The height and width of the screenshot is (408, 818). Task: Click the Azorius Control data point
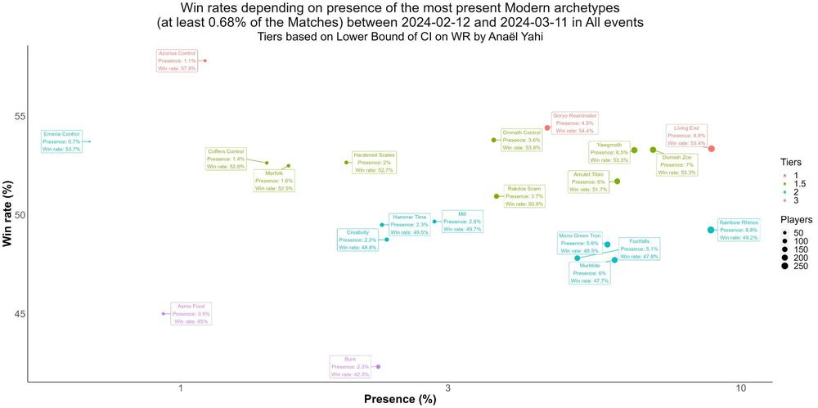click(x=205, y=61)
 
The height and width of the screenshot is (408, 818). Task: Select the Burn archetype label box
click(x=350, y=366)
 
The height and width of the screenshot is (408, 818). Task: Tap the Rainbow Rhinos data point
click(x=711, y=230)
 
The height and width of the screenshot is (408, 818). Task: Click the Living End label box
click(x=686, y=135)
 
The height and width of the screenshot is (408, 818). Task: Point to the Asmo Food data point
click(x=164, y=313)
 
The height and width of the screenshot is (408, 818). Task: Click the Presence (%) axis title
click(x=400, y=400)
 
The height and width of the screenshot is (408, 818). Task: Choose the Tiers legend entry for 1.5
click(x=790, y=183)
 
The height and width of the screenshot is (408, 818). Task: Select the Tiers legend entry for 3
click(x=790, y=200)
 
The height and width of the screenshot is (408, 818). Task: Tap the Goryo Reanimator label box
click(x=575, y=123)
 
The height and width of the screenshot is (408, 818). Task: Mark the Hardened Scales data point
click(x=347, y=162)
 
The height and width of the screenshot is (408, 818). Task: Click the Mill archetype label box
click(x=462, y=222)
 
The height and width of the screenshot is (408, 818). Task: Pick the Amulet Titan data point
click(x=617, y=182)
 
